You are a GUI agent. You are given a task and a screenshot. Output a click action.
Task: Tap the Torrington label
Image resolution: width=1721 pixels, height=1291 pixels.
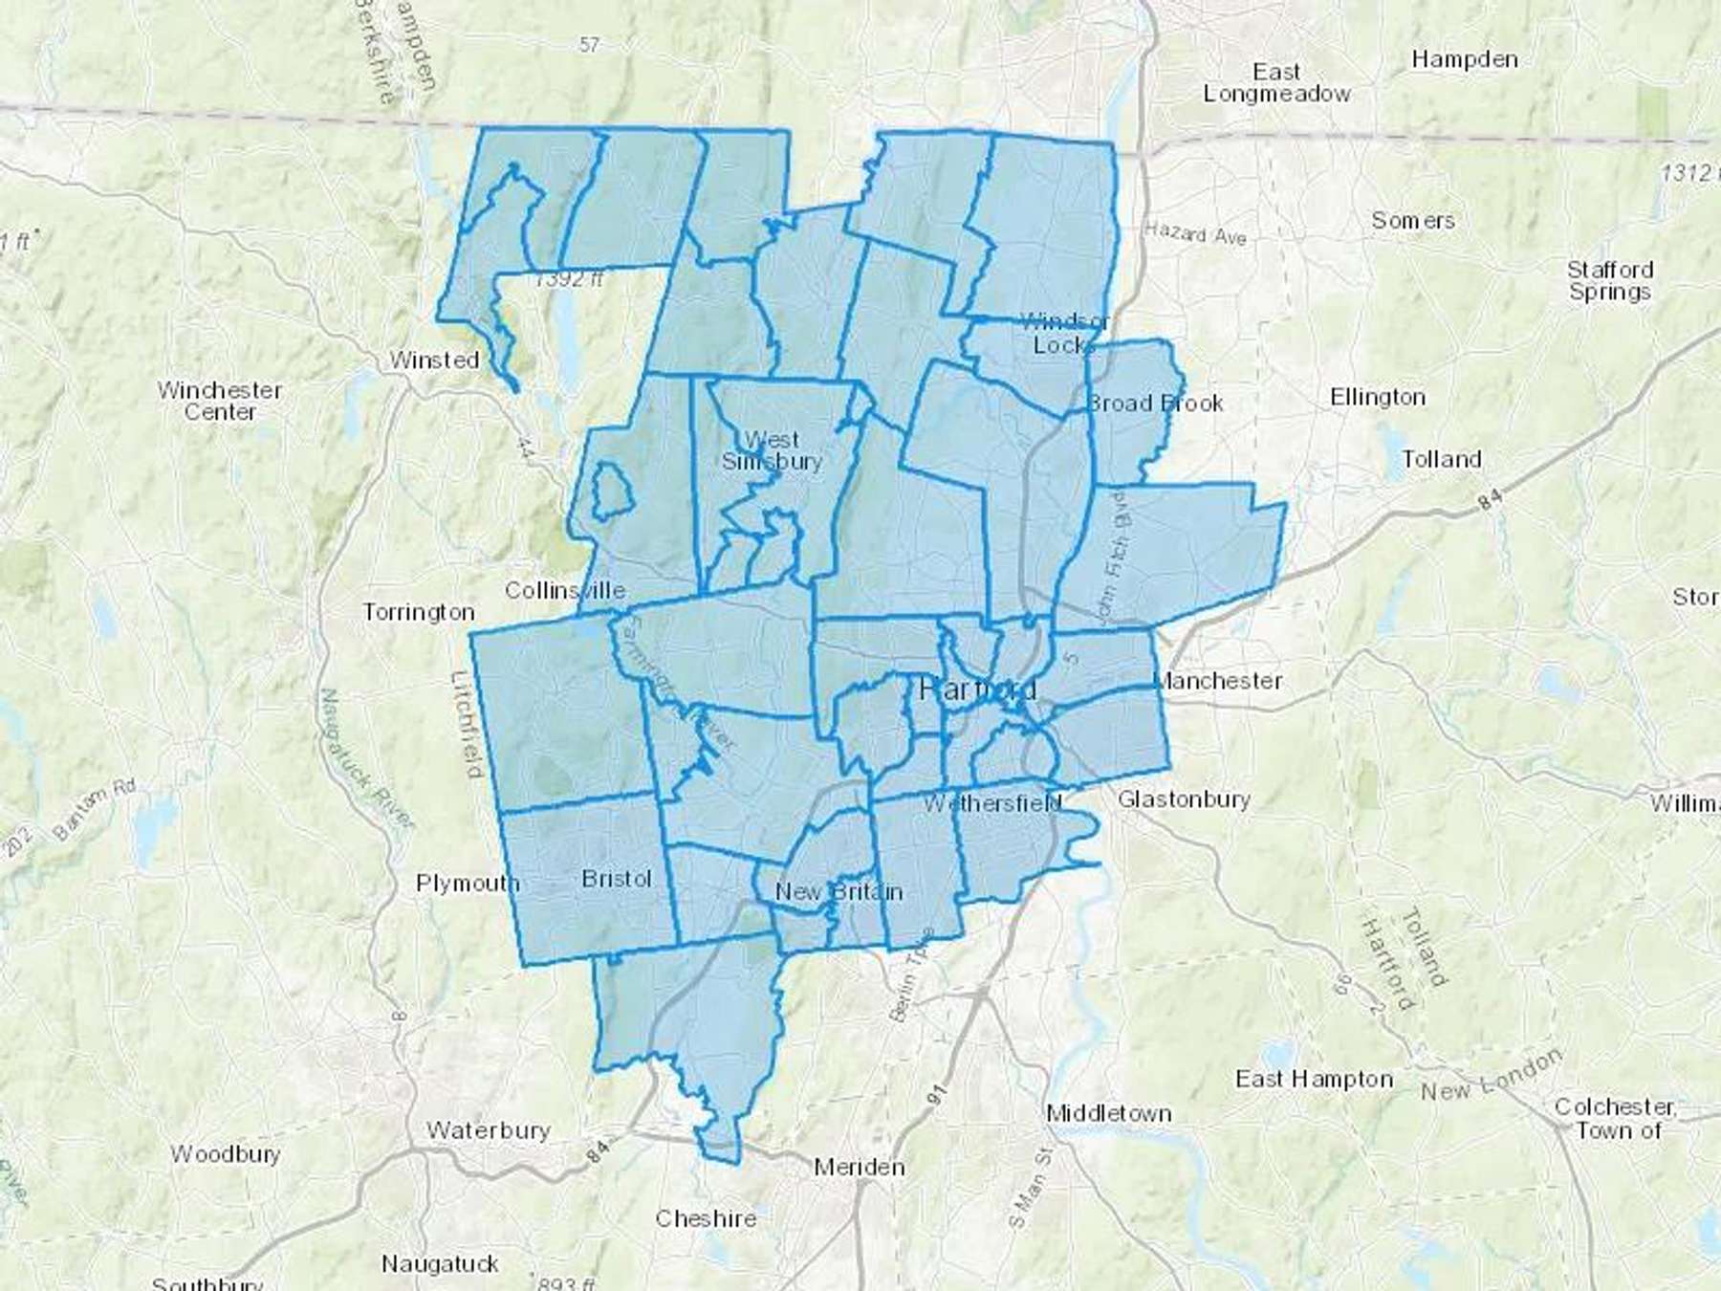[419, 612]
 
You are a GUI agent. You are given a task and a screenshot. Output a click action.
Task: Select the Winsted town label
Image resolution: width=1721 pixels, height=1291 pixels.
[434, 361]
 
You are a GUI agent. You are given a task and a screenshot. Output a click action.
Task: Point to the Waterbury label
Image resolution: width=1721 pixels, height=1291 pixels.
[488, 1130]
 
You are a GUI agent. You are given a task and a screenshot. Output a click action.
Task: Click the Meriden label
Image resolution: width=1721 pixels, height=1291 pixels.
[859, 1167]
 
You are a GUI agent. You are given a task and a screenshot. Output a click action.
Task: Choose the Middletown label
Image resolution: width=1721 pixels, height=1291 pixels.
[1108, 1113]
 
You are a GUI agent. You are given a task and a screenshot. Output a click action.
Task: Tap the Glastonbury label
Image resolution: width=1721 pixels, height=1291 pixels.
[1184, 799]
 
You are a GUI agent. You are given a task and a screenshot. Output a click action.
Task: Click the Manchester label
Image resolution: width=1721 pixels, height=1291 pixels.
[1218, 681]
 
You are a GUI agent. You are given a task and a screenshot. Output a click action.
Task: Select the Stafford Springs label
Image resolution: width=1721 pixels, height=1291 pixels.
[1610, 281]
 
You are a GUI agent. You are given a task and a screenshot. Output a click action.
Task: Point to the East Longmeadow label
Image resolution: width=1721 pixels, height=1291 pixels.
[1276, 83]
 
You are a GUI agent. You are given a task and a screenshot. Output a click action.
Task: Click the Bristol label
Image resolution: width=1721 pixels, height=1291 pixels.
[617, 879]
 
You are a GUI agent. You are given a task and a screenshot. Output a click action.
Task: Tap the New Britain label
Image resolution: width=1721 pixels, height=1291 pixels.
[839, 892]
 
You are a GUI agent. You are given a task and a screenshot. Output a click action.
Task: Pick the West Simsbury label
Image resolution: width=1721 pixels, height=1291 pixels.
[772, 450]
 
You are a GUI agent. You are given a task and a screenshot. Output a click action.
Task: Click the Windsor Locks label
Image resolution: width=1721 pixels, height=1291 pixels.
[1064, 333]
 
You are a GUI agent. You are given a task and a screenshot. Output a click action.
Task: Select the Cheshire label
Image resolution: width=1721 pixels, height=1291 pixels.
[706, 1218]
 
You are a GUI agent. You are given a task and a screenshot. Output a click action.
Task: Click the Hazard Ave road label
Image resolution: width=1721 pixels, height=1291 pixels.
[1195, 233]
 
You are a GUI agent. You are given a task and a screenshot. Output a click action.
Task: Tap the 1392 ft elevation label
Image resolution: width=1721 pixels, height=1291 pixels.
[569, 279]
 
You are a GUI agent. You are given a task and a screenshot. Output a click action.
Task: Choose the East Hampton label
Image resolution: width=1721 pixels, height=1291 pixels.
[1314, 1080]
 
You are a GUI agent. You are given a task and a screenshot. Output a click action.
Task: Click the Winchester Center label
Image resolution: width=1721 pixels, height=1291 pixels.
[220, 402]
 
